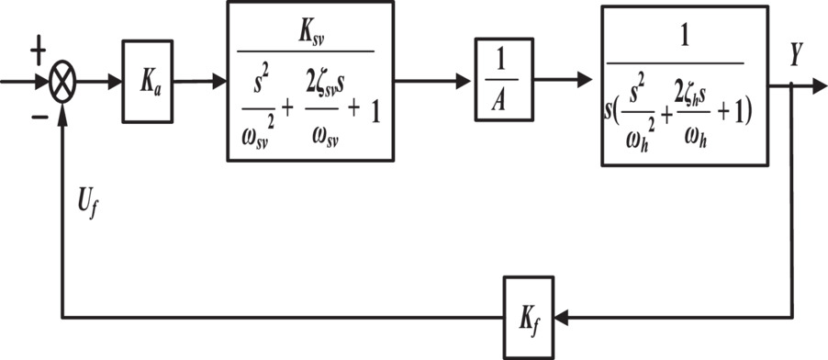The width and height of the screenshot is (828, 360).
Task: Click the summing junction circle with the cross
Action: [x=63, y=82]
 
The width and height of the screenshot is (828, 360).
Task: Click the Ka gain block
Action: [x=147, y=82]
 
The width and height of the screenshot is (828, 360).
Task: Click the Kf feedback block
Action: [x=528, y=318]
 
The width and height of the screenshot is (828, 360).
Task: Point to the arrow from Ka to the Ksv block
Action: [x=200, y=82]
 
